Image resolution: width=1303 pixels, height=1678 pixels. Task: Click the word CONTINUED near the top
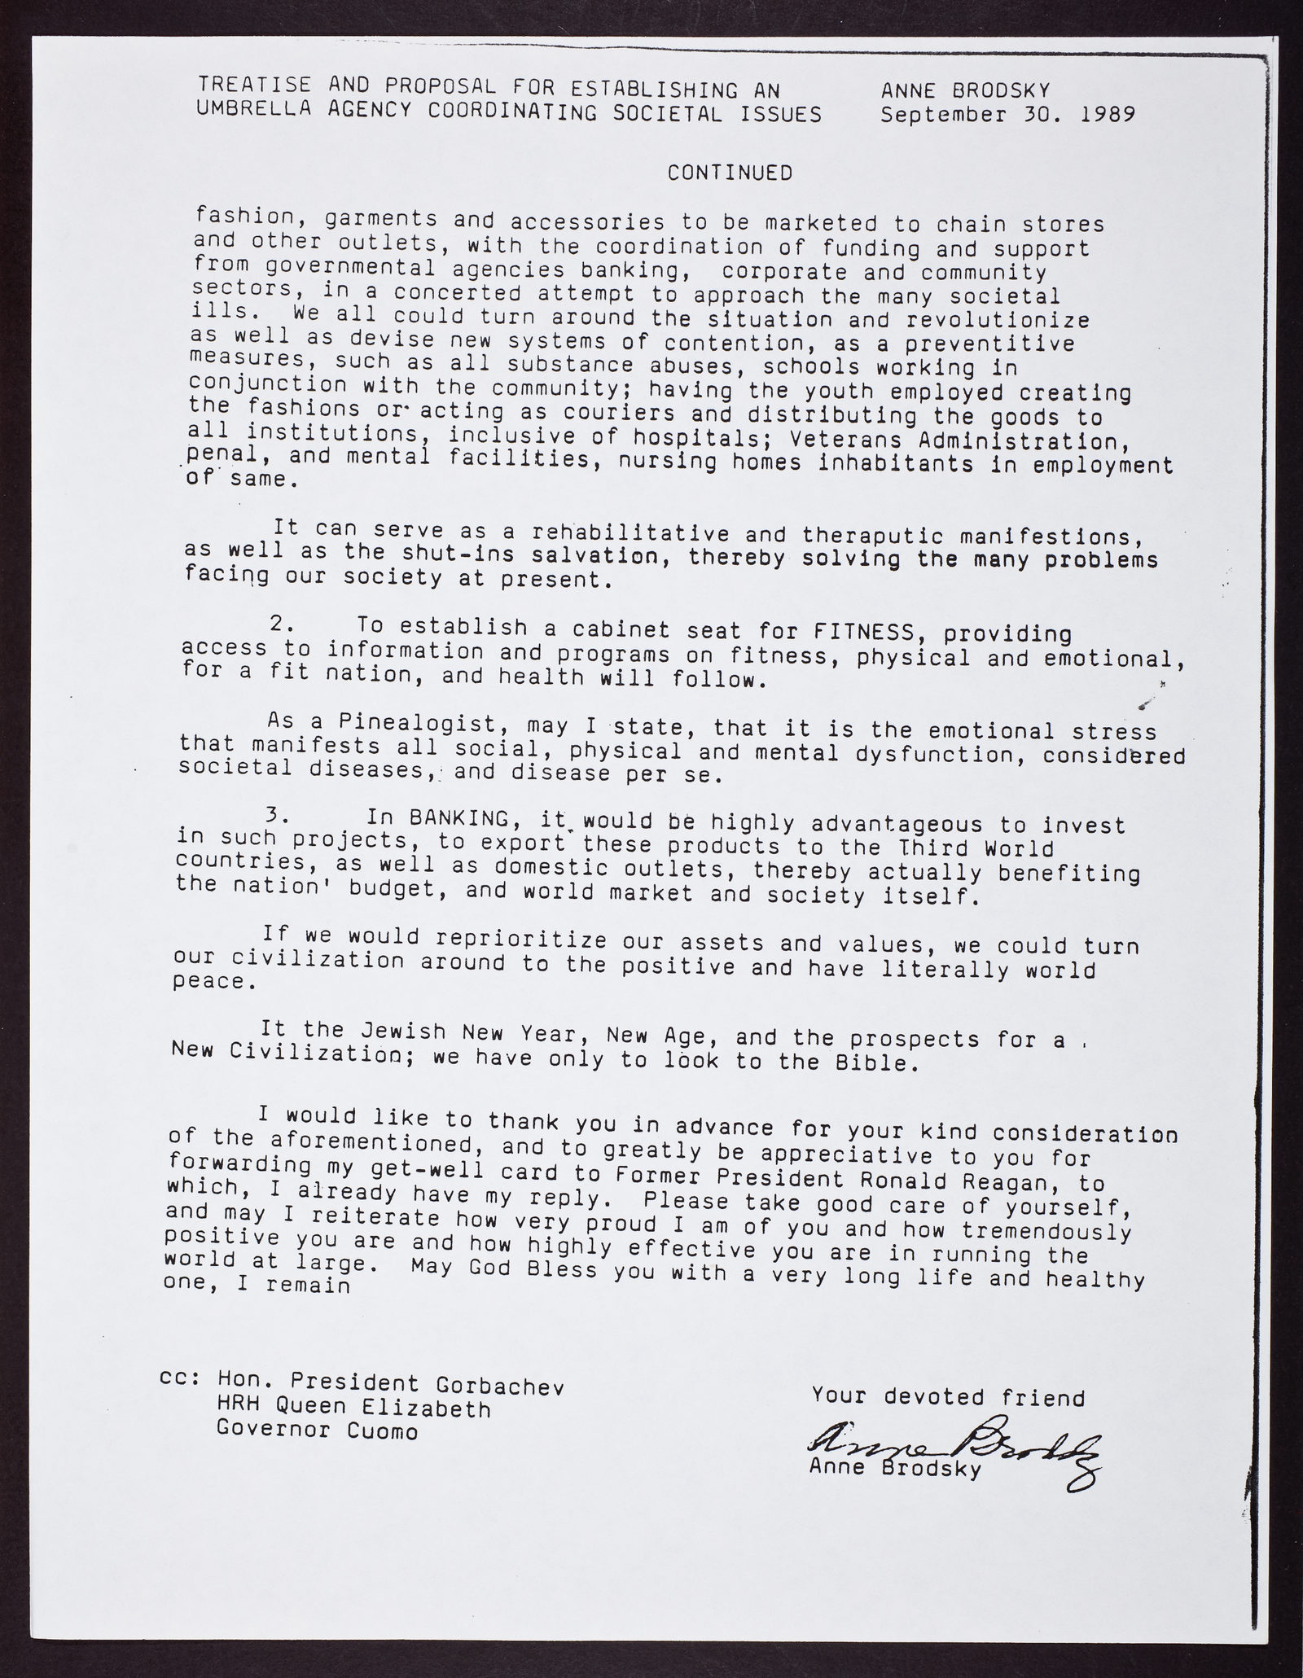[x=730, y=173]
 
